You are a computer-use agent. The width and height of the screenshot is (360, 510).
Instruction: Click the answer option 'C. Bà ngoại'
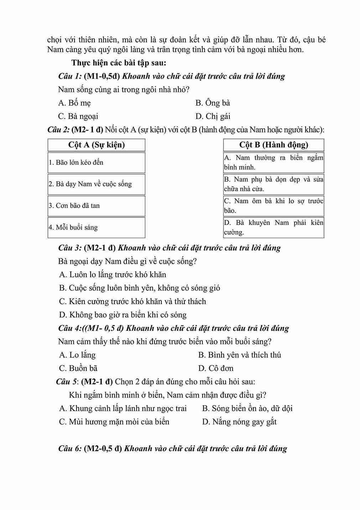(78, 117)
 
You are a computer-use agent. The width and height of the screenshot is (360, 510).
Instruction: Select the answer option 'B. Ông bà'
(213, 103)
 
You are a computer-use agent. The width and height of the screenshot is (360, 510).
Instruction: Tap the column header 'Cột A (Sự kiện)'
(96, 145)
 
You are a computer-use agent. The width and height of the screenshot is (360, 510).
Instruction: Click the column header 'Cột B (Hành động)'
(273, 145)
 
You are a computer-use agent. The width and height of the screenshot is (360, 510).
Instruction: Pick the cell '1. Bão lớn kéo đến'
(96, 163)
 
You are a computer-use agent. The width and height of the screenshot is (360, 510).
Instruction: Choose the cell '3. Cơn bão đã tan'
(96, 206)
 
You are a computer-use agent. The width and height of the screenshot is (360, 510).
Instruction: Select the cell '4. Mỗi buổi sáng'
(96, 227)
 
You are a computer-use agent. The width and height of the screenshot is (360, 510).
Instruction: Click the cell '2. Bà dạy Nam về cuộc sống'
(96, 184)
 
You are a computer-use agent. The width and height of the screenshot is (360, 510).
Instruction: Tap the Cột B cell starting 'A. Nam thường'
(273, 162)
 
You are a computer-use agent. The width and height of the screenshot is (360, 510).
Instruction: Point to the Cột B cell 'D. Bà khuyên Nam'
(273, 227)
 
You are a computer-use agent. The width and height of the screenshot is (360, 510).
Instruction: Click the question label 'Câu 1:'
(70, 76)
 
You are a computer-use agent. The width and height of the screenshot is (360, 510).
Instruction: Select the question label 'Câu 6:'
(70, 448)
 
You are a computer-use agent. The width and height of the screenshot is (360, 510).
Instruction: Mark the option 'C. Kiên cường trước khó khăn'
(132, 302)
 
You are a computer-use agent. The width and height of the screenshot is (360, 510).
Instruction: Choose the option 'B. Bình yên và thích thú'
(239, 355)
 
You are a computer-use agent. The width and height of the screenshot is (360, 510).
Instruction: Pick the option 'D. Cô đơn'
(216, 368)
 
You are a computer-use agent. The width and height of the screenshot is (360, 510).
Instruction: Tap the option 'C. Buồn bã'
(78, 368)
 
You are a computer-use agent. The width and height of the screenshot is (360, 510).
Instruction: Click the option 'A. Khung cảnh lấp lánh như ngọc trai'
(123, 408)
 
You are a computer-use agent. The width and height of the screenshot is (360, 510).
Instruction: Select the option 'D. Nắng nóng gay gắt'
(239, 422)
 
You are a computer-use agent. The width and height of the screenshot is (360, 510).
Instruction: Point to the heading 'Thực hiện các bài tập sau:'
(119, 63)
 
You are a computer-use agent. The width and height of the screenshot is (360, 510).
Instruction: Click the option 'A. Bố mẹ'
(74, 103)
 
